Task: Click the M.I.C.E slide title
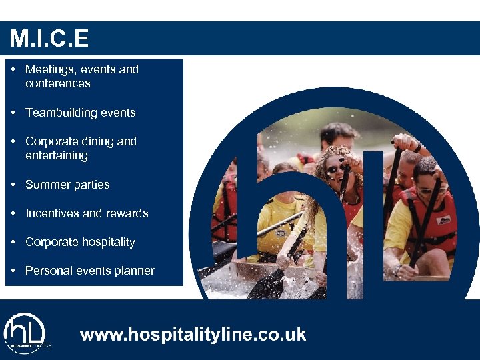click(x=49, y=39)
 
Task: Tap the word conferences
click(x=57, y=83)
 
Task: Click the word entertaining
click(x=56, y=155)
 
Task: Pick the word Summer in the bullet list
click(x=45, y=185)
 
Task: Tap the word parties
click(x=91, y=185)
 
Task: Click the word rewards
click(x=127, y=213)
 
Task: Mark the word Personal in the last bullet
click(x=49, y=271)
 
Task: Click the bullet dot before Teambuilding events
click(x=14, y=113)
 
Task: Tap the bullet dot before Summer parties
click(x=14, y=185)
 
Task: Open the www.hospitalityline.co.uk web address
click(x=193, y=334)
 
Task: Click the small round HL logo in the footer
click(x=25, y=332)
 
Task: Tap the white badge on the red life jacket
click(x=443, y=219)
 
